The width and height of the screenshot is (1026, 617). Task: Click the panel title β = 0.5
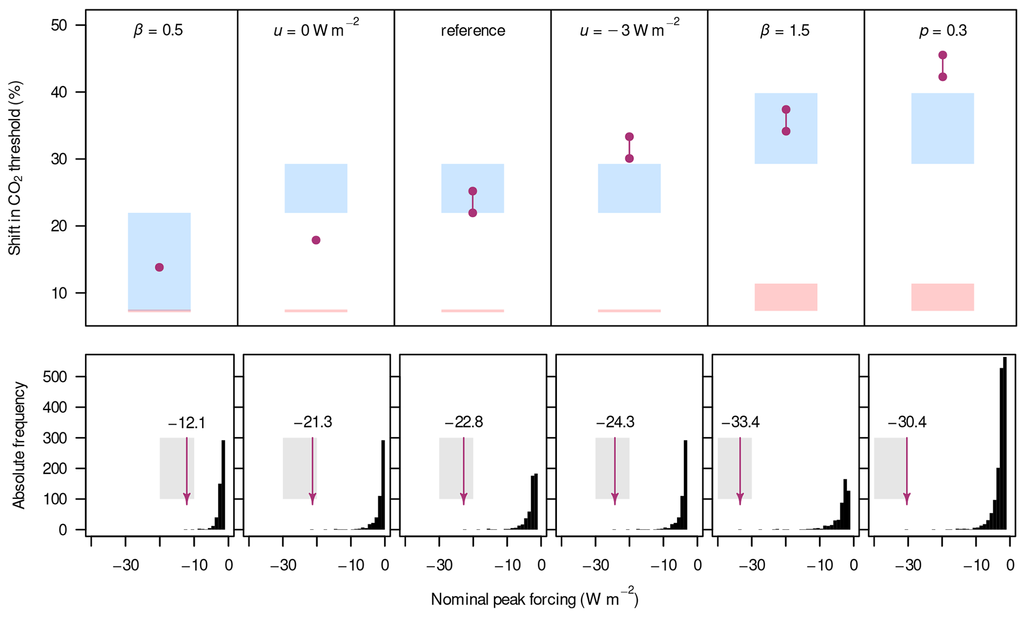point(158,31)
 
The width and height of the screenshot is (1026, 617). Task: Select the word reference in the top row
point(473,31)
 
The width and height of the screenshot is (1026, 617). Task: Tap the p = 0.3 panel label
point(942,31)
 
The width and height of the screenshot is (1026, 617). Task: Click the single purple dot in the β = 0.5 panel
point(159,267)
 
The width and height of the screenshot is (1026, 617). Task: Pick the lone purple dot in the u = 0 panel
point(316,240)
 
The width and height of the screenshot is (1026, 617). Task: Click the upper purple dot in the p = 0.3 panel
point(943,55)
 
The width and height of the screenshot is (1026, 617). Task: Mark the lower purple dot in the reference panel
point(473,213)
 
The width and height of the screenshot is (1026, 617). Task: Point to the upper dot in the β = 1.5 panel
point(786,110)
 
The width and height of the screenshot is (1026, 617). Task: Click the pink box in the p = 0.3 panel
point(942,297)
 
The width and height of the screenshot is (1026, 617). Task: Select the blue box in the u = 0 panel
point(316,188)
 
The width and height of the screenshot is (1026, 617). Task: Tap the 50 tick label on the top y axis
point(60,25)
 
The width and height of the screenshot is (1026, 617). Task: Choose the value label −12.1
point(186,423)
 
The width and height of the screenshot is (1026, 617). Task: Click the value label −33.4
point(740,423)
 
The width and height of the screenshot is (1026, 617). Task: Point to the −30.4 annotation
point(906,423)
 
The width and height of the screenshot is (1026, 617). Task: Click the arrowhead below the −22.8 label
point(464,499)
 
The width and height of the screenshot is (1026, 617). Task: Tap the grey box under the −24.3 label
point(612,468)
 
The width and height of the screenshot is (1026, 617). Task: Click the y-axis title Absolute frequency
point(19,445)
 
